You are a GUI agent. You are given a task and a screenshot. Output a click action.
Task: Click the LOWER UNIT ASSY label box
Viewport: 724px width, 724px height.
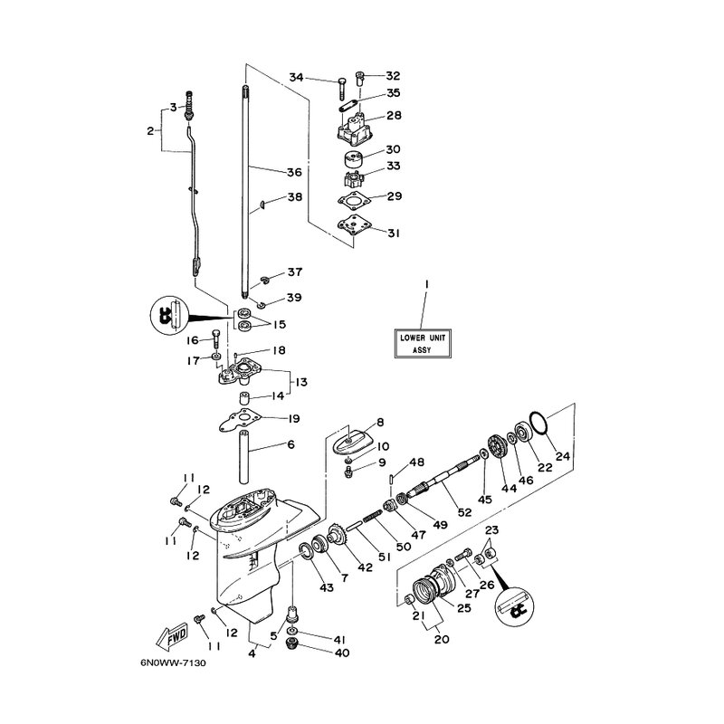point(422,343)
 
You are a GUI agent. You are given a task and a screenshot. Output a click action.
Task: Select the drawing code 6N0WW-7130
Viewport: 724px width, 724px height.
point(173,663)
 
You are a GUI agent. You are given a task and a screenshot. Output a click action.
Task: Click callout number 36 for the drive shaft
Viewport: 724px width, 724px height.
point(294,172)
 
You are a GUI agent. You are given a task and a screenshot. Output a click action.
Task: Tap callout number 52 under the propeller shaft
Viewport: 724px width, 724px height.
point(465,511)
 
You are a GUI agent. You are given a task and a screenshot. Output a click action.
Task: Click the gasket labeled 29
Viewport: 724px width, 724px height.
point(355,201)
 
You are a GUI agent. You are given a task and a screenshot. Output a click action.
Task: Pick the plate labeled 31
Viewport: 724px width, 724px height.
point(355,227)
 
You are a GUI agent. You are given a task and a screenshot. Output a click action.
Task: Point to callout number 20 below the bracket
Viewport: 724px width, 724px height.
point(442,639)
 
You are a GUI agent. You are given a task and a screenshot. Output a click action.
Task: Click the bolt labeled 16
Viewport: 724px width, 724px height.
point(216,339)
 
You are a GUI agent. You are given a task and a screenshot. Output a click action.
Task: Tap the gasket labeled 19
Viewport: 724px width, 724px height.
point(240,419)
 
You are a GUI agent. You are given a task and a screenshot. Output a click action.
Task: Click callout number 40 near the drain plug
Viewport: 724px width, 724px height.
point(343,653)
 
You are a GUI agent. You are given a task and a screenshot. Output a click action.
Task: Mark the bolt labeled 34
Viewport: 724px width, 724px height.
point(341,89)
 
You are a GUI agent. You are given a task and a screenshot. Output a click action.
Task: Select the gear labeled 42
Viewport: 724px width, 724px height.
point(337,536)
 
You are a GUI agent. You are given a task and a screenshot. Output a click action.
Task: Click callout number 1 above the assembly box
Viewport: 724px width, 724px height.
point(426,285)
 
